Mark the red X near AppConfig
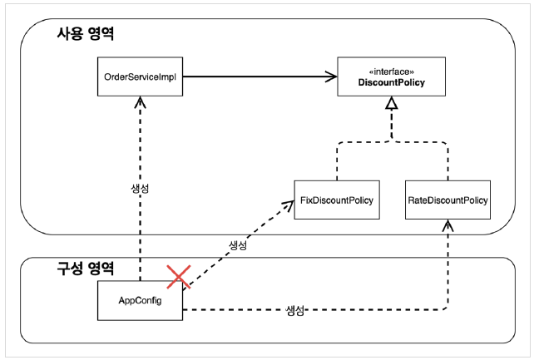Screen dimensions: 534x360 (179, 278)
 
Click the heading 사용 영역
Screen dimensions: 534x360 (85, 34)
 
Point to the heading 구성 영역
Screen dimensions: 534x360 (85, 269)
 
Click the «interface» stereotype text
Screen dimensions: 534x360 (391, 72)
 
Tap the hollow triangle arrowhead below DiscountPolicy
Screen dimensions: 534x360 (392, 103)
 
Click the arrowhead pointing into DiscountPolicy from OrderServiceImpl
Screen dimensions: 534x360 (331, 76)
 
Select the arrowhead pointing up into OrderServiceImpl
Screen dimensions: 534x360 (140, 102)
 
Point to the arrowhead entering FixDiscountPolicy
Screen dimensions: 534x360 (288, 205)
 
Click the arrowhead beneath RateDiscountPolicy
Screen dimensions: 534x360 (447, 225)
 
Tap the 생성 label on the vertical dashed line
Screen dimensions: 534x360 (140, 189)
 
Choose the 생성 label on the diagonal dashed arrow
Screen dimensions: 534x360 (238, 245)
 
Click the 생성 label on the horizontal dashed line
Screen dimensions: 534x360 (294, 310)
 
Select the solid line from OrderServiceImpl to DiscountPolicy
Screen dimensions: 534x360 (260, 76)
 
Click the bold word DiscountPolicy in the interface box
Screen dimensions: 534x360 (391, 82)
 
